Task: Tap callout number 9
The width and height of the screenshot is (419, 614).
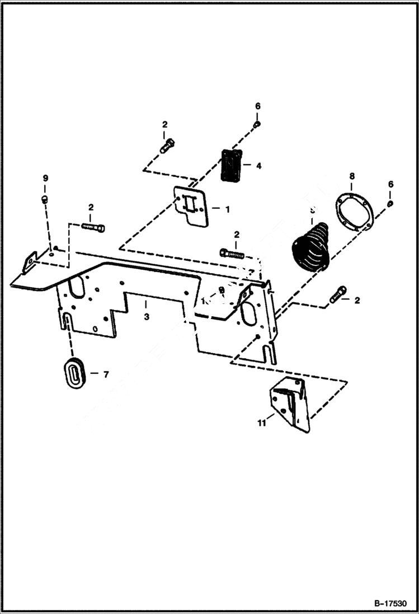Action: (46, 178)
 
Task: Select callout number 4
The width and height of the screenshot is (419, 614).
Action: (258, 166)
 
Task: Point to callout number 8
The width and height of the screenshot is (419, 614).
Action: (351, 176)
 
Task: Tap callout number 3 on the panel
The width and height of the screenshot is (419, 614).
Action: (146, 317)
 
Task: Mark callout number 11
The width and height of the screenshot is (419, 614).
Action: (261, 424)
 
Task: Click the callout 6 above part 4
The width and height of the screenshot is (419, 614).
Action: (258, 106)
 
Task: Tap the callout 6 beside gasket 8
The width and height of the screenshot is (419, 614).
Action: (390, 184)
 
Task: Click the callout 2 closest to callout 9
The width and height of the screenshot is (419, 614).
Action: (91, 208)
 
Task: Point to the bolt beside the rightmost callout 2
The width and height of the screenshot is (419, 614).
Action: (338, 294)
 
